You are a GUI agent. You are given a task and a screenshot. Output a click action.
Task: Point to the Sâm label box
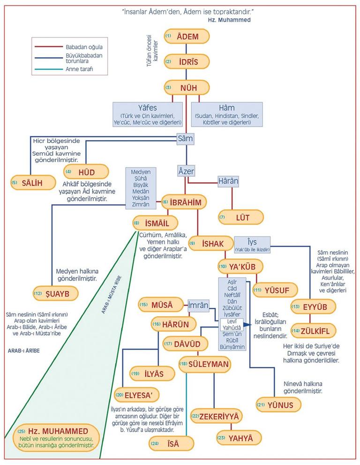click(x=185, y=138)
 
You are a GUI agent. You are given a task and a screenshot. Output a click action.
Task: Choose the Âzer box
click(x=186, y=172)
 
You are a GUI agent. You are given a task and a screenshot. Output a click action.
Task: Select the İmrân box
click(x=198, y=305)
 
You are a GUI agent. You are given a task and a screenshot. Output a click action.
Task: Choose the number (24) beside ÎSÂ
click(x=155, y=442)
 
